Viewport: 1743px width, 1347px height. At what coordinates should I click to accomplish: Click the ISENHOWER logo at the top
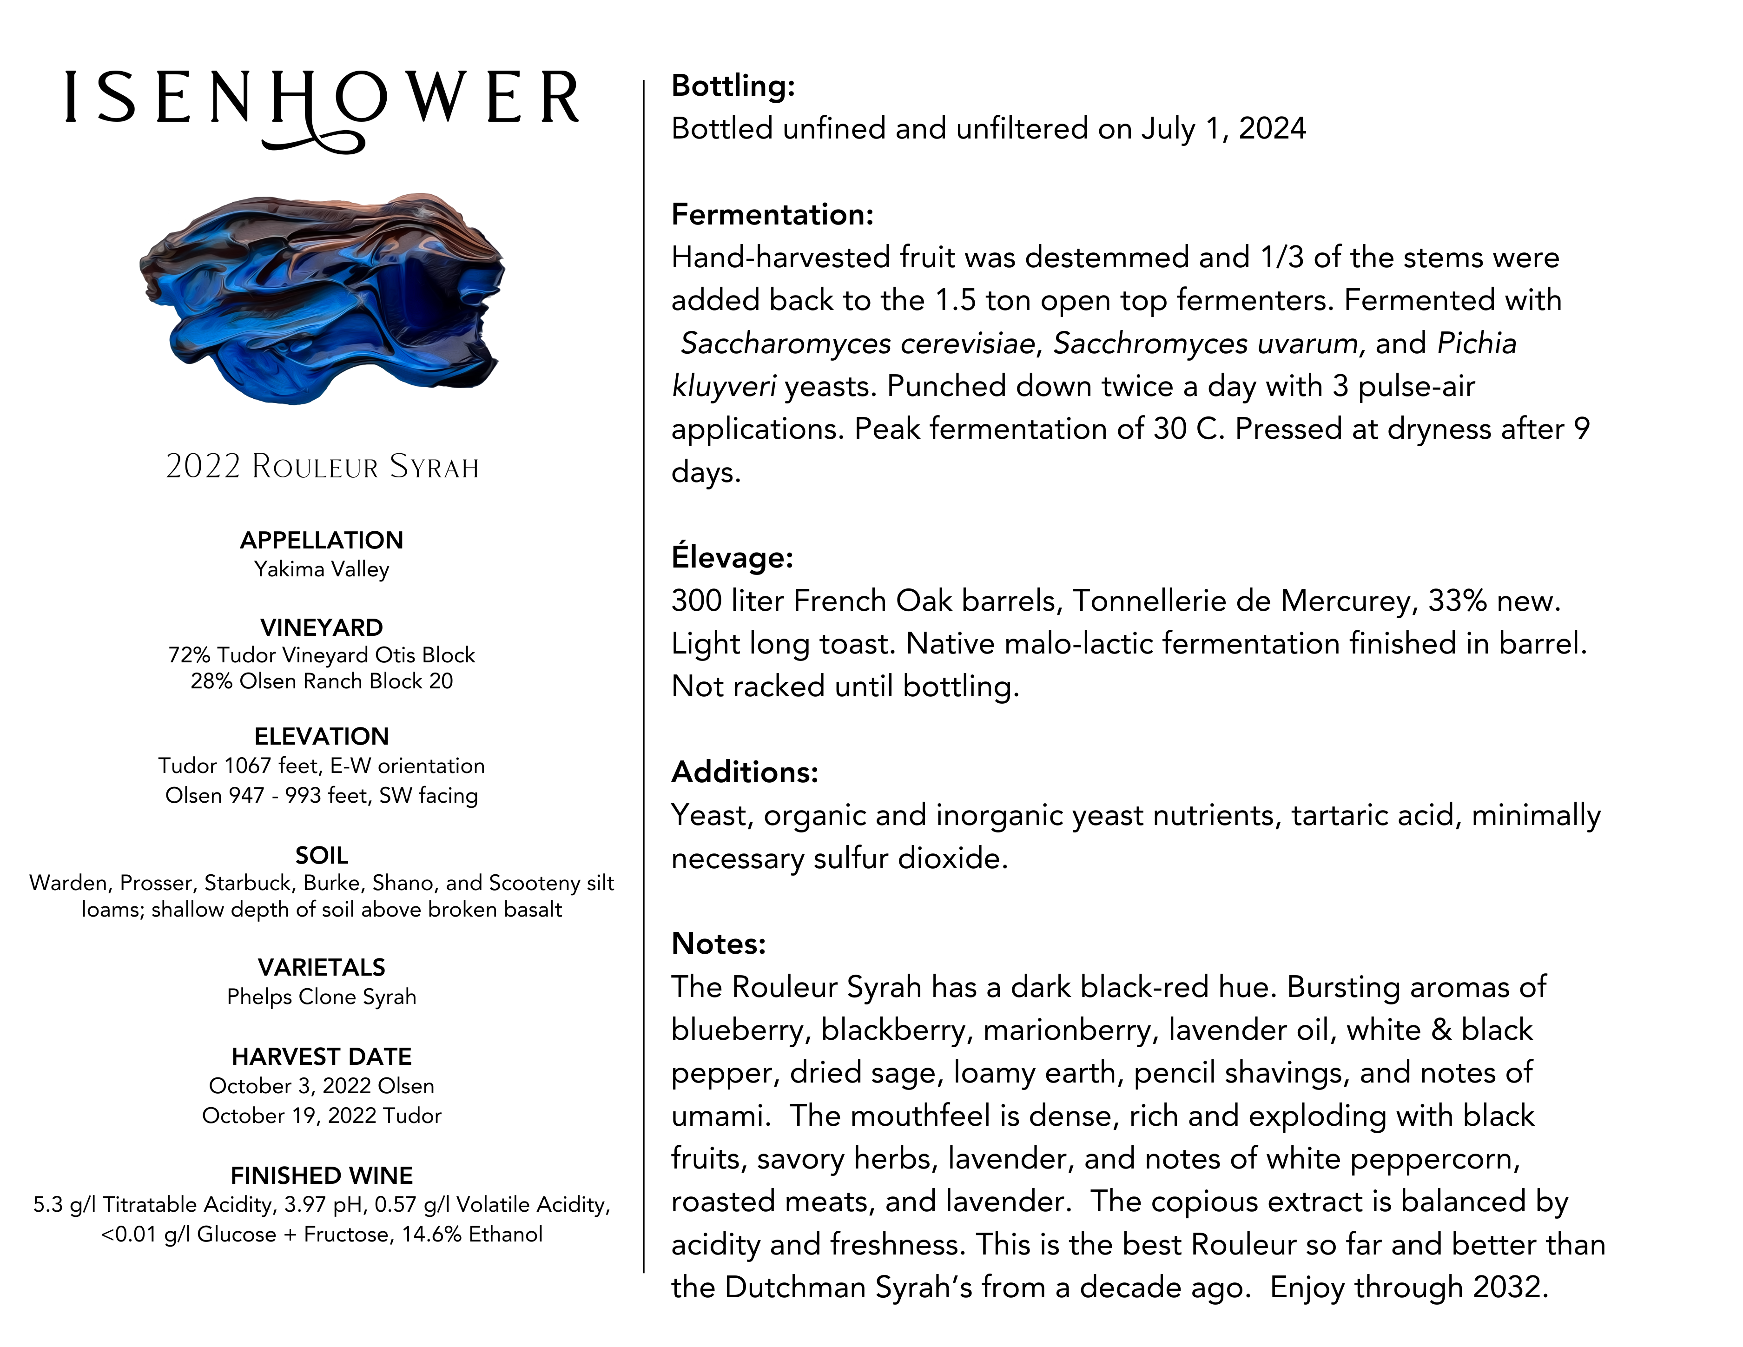322,100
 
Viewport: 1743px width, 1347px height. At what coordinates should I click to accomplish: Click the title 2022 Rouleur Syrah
322,467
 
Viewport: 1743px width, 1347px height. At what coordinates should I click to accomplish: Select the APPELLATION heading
322,540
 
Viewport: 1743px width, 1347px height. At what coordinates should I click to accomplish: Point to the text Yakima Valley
322,569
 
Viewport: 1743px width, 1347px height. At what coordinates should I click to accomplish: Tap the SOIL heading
322,855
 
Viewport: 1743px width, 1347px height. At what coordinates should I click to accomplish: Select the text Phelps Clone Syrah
322,997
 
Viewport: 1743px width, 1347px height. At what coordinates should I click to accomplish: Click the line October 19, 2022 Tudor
322,1116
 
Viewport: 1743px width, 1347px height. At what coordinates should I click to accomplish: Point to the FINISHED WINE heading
322,1175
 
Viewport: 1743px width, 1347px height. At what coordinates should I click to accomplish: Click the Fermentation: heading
772,215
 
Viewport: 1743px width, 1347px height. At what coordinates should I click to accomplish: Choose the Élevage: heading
732,557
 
